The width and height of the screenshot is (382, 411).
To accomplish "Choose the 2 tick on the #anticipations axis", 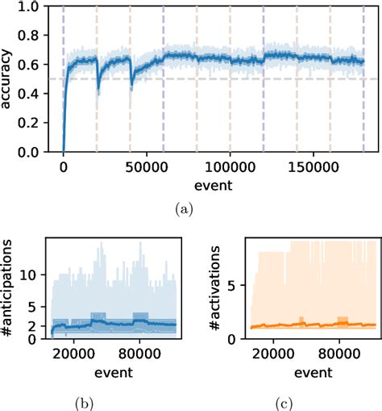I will click(x=38, y=326).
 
